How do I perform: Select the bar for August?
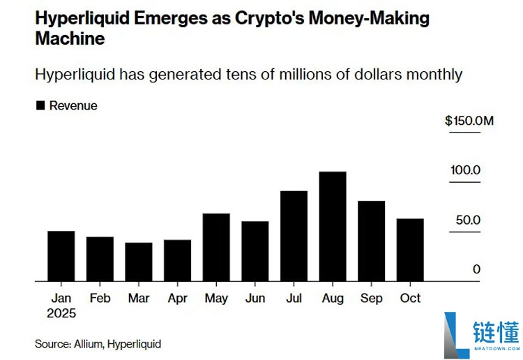[x=333, y=227]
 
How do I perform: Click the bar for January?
[x=61, y=256]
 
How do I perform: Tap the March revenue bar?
[x=138, y=262]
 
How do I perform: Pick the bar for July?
[x=294, y=236]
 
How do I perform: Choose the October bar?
[x=410, y=250]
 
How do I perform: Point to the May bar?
[x=216, y=248]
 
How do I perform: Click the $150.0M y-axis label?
[x=469, y=121]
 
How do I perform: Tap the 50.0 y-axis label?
[x=468, y=220]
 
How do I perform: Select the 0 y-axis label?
[x=476, y=269]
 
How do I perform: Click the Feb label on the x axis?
[x=100, y=298]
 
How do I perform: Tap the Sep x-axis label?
[x=371, y=298]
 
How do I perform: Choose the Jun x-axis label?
[x=255, y=298]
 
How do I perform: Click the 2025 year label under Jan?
[x=61, y=313]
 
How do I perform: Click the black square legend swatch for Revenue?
[x=40, y=106]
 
